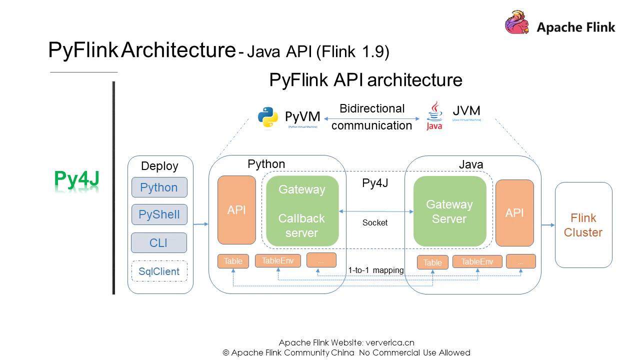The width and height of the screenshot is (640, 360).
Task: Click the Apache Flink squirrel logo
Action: [x=517, y=23]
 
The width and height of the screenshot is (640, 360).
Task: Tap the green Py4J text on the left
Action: [x=76, y=179]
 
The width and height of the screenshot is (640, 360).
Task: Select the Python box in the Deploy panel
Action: [x=159, y=187]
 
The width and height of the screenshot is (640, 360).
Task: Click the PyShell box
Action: [x=159, y=214]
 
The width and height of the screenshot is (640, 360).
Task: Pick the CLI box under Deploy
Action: [x=158, y=243]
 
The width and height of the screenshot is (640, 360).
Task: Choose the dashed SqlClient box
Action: [x=159, y=271]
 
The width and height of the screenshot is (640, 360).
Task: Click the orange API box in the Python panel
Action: [x=236, y=210]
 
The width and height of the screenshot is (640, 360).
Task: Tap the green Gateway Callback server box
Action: [x=302, y=211]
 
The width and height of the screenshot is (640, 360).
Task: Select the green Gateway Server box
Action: [x=449, y=211]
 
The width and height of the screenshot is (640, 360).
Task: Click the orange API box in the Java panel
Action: [x=514, y=213]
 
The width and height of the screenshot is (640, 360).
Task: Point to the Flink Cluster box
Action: [x=583, y=225]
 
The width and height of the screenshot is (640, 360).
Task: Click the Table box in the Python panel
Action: [x=233, y=261]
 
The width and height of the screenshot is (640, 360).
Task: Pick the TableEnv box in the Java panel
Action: [x=477, y=261]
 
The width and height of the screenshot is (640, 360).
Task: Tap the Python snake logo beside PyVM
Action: [x=268, y=118]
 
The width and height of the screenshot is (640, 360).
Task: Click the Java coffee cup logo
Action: [x=434, y=115]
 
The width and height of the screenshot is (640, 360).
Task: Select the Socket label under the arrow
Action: [x=375, y=223]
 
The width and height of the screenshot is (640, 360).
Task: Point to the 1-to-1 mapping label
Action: [x=376, y=270]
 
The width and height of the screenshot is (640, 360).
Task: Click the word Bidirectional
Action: [x=372, y=108]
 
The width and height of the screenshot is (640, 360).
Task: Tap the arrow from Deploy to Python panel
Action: [x=200, y=224]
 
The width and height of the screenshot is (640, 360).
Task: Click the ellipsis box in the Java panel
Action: [x=520, y=261]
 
